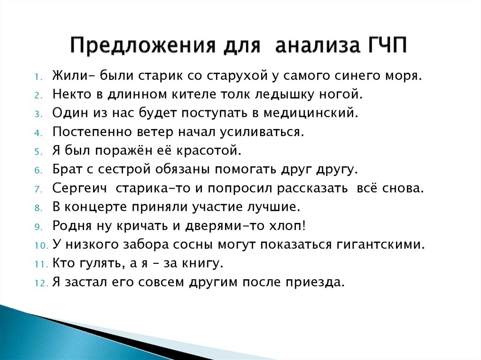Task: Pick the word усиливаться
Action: coord(262,132)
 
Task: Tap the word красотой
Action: coord(209,151)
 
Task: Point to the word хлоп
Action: coord(288,226)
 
